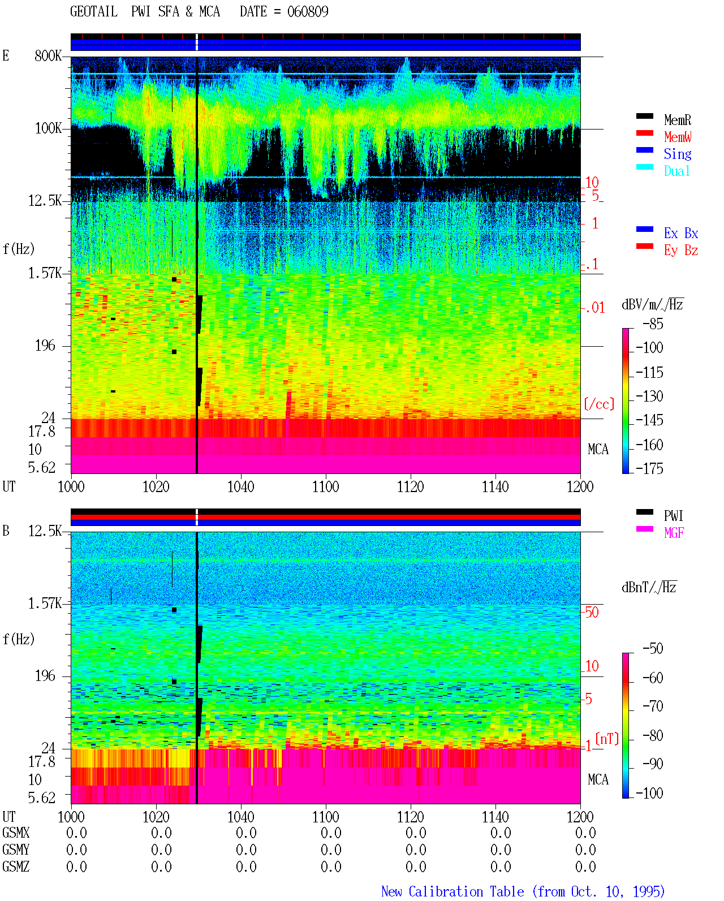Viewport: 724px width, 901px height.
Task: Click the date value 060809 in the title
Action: click(x=307, y=12)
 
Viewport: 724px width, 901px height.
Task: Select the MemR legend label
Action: click(x=677, y=120)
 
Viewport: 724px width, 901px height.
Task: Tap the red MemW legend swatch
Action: click(x=644, y=133)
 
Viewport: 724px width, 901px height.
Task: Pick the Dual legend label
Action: click(x=676, y=171)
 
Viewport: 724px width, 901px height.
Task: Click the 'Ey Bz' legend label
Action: click(x=680, y=251)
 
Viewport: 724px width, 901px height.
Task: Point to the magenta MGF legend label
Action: click(x=674, y=533)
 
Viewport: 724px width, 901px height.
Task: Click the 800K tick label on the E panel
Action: click(x=48, y=55)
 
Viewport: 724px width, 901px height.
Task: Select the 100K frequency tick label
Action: click(x=48, y=128)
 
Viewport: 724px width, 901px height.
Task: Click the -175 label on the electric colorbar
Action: click(x=649, y=468)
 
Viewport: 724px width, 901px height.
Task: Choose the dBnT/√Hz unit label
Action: click(x=649, y=587)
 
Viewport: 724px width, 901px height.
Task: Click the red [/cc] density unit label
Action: click(x=599, y=404)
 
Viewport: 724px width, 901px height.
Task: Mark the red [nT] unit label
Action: click(x=607, y=739)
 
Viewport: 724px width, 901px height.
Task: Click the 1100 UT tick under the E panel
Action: click(x=325, y=487)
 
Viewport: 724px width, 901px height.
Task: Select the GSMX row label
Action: click(x=16, y=833)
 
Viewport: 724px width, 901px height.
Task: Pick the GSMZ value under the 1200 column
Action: click(x=585, y=866)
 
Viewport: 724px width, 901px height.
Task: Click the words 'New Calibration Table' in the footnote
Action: click(x=453, y=891)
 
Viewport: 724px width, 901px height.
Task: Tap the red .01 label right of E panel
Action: click(x=594, y=308)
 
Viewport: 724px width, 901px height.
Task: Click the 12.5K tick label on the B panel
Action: click(x=45, y=531)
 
